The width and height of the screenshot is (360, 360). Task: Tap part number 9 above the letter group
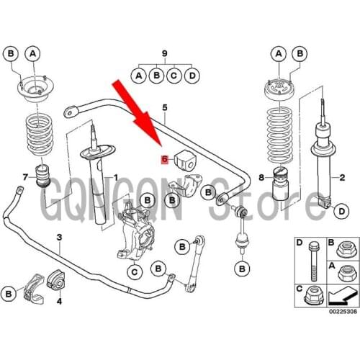(164, 54)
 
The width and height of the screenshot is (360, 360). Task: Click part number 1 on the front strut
(114, 177)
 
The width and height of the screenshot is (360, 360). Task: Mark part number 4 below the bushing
(59, 301)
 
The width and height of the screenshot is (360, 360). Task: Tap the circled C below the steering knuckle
(133, 271)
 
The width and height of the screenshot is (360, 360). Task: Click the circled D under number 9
(192, 74)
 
